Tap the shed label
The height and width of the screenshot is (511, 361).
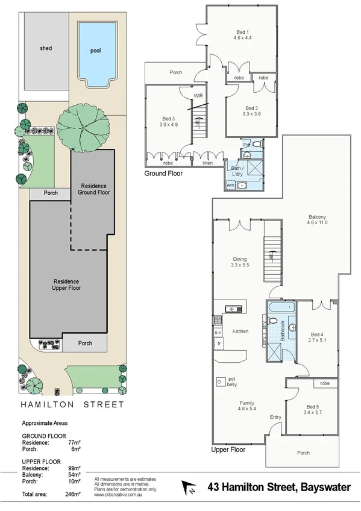point(46,48)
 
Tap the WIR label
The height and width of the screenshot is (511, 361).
point(198,96)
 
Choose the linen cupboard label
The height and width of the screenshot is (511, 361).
point(206,163)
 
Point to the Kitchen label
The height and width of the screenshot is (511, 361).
point(240,331)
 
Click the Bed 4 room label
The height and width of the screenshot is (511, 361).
point(318,334)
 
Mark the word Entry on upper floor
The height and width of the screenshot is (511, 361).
point(275,417)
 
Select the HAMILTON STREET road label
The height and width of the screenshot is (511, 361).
point(72,405)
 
